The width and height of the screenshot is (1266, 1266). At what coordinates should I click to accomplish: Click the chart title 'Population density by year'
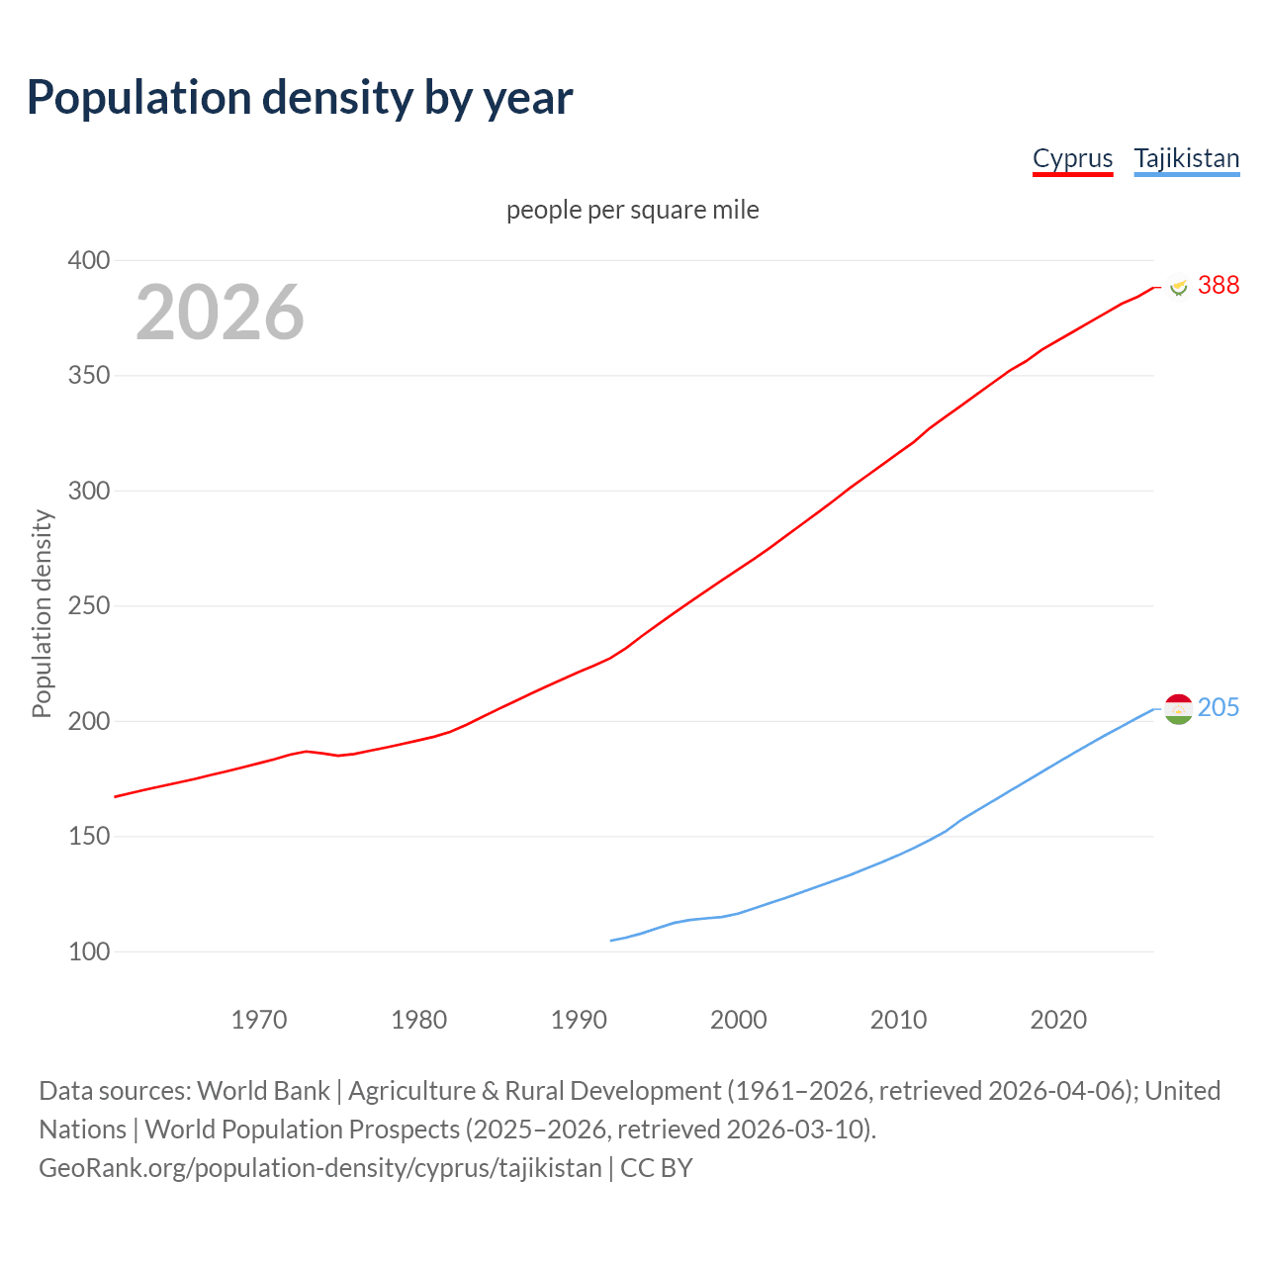pos(300,98)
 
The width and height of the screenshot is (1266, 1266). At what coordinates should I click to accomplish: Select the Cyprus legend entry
pos(1072,158)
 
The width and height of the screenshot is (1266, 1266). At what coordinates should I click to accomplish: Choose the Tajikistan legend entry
pos(1186,158)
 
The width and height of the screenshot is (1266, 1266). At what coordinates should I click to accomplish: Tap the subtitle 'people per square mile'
pos(632,210)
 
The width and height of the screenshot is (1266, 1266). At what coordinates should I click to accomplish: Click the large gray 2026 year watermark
pos(220,313)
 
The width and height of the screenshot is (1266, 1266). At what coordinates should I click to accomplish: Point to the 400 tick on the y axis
pos(88,261)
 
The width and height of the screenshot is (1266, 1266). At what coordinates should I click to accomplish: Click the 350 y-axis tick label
pos(88,376)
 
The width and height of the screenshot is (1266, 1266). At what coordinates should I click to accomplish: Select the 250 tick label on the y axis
pos(88,606)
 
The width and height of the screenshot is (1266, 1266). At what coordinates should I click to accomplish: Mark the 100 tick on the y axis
pos(88,951)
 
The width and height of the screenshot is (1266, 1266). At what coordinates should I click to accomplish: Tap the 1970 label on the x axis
pos(259,1020)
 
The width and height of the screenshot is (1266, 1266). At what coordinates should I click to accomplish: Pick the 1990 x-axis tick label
pos(579,1020)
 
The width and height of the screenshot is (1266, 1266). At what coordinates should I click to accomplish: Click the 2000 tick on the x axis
pos(738,1020)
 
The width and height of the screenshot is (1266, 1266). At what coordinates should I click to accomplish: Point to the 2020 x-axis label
pos(1058,1020)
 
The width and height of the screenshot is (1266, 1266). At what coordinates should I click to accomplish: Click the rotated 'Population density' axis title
pos(42,613)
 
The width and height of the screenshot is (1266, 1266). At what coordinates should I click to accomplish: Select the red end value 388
pos(1218,285)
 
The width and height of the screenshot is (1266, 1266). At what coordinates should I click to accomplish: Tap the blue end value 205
pos(1218,707)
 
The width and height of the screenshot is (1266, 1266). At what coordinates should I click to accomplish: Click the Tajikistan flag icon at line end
pos(1178,708)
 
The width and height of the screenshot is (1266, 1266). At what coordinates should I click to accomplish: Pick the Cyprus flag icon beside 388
pos(1178,286)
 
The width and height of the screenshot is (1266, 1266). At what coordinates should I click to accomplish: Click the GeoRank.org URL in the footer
pos(319,1168)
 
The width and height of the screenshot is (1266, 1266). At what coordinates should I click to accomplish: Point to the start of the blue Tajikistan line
pos(611,941)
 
